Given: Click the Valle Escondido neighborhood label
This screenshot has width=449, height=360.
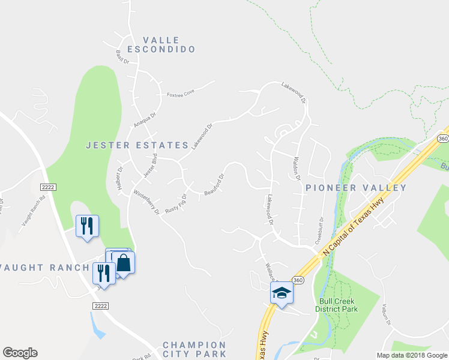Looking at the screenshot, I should coord(161,43).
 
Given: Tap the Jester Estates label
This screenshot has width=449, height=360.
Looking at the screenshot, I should coord(137,145).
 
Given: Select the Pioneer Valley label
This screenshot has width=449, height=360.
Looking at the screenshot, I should coord(356,188).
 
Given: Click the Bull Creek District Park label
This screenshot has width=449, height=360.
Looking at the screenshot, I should coord(336,305).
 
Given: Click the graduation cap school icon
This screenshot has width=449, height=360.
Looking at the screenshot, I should coord(282,293).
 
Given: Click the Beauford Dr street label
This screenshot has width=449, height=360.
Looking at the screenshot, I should coord(214,185).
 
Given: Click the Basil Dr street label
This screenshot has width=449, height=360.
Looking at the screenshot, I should coord(123,57).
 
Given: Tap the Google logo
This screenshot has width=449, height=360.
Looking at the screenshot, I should coord(20,353).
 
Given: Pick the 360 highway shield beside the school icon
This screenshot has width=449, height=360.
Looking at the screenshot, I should coord(297,280).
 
